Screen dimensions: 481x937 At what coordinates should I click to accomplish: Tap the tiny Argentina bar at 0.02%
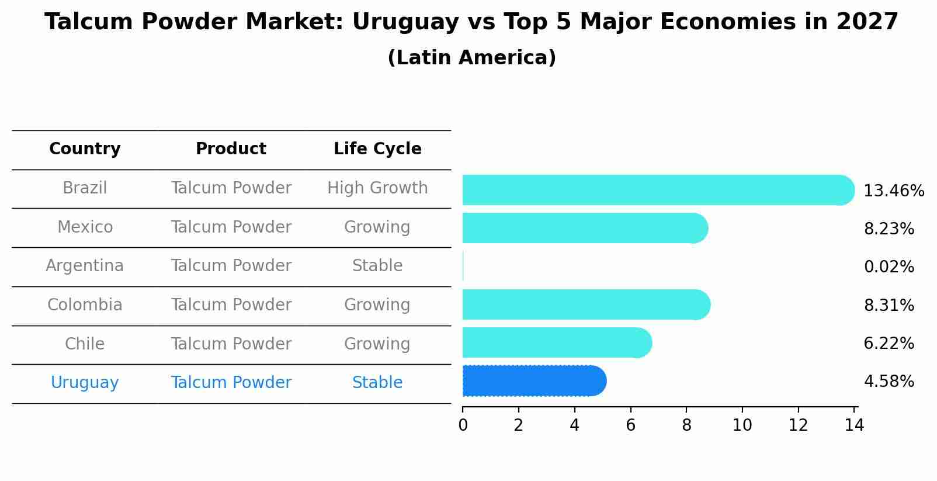[x=463, y=267]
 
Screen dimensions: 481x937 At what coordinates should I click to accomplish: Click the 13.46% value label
[x=893, y=191]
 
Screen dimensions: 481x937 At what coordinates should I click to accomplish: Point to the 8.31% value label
[x=889, y=305]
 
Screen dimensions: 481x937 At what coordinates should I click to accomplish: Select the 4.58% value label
[x=889, y=382]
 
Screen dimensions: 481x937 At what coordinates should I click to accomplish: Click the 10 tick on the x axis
[x=742, y=425]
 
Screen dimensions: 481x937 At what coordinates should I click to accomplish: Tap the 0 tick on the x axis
[x=463, y=425]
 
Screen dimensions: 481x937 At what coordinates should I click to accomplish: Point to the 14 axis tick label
[x=854, y=425]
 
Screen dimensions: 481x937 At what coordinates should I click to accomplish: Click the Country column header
[x=85, y=149]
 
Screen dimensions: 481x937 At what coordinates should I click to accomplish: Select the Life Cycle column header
[x=377, y=149]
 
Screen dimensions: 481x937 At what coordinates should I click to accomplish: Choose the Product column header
[x=231, y=149]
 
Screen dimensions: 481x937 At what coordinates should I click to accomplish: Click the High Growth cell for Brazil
[x=377, y=188]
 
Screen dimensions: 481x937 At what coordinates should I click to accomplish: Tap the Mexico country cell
[x=85, y=227]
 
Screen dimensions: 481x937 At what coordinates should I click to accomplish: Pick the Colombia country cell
[x=85, y=305]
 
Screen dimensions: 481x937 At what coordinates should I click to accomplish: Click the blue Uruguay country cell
[x=85, y=383]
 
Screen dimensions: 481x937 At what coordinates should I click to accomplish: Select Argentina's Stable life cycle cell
[x=377, y=266]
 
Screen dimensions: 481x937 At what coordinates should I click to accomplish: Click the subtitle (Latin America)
[x=471, y=58]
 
